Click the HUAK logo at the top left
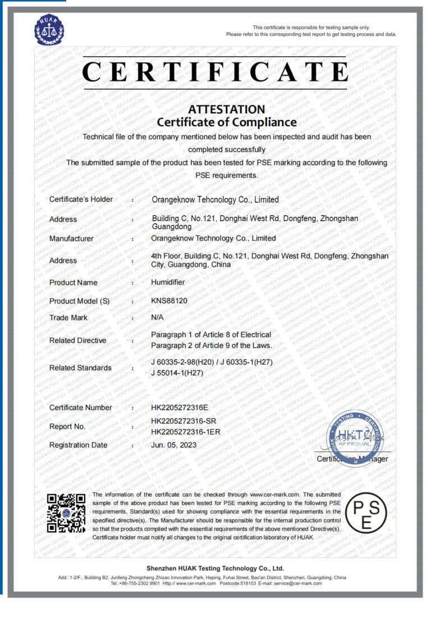pos(49,30)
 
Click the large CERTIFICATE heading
pos(215,72)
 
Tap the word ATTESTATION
pos(226,110)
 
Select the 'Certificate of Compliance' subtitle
pos(226,122)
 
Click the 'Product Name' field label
pos(73,282)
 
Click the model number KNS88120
pos(169,300)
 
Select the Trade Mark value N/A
pos(157,317)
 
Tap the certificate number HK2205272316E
pos(180,407)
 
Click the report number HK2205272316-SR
pos(183,421)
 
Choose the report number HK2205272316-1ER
pos(185,431)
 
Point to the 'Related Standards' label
pos(80,368)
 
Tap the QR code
pos(66,513)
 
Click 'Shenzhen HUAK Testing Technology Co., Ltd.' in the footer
pos(215,568)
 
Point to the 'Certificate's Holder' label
pos(81,199)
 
